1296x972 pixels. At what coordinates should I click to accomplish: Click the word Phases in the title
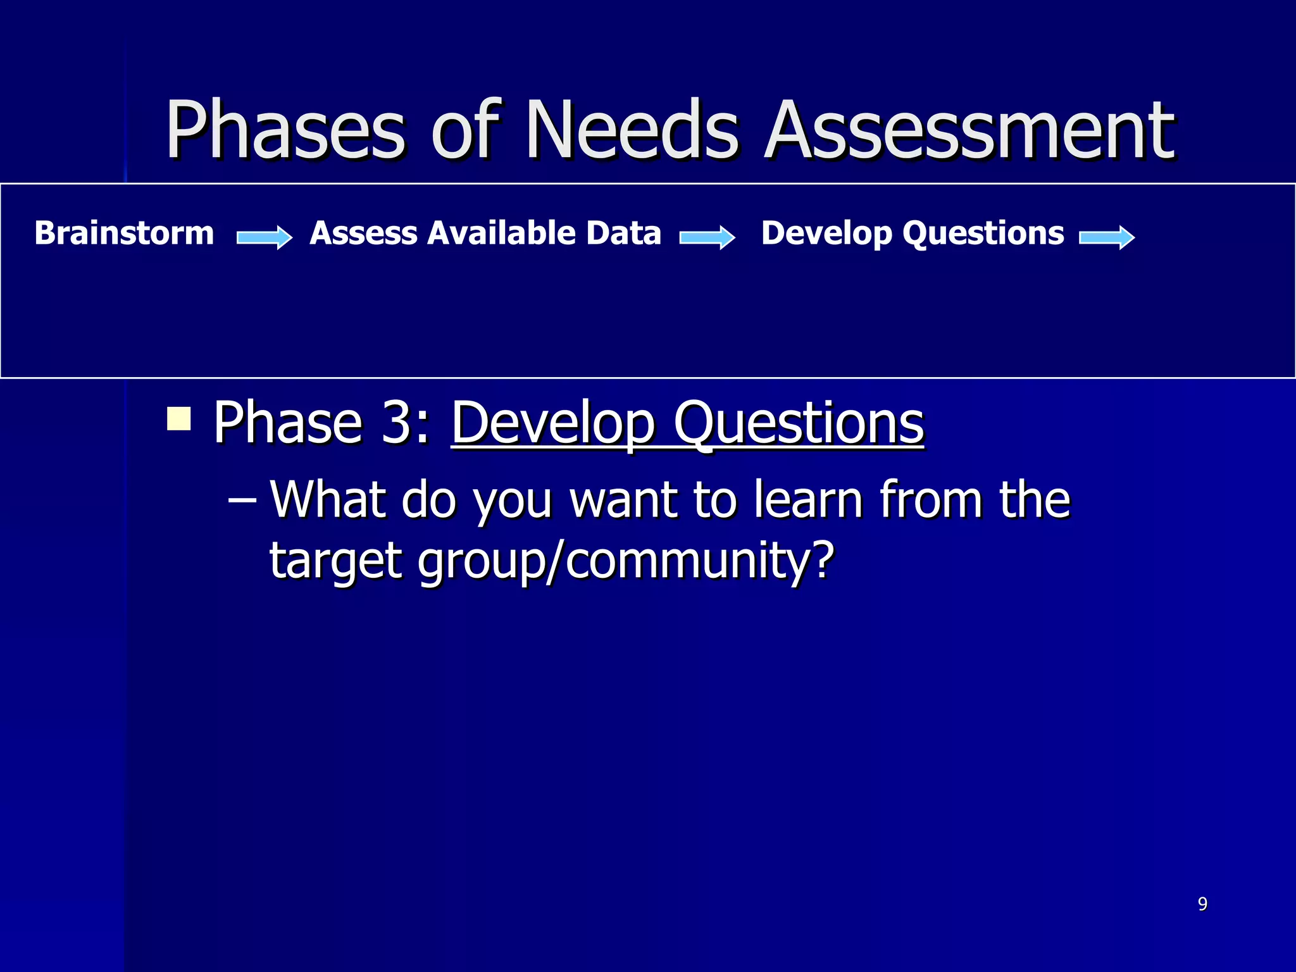[x=284, y=130]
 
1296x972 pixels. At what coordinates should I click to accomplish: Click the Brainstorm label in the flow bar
[x=125, y=233]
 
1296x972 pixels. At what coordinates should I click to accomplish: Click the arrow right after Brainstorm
[x=265, y=237]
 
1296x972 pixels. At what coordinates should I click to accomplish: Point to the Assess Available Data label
[x=485, y=233]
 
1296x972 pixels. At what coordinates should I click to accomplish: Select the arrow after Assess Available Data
[x=707, y=237]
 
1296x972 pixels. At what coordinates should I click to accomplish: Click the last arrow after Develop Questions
[x=1107, y=237]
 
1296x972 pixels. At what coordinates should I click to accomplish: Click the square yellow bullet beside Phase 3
[x=179, y=419]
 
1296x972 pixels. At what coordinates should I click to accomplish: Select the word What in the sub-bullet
[x=328, y=500]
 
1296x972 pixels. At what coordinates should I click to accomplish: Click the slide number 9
[x=1202, y=904]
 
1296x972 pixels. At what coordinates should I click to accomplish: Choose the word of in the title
[x=467, y=130]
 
